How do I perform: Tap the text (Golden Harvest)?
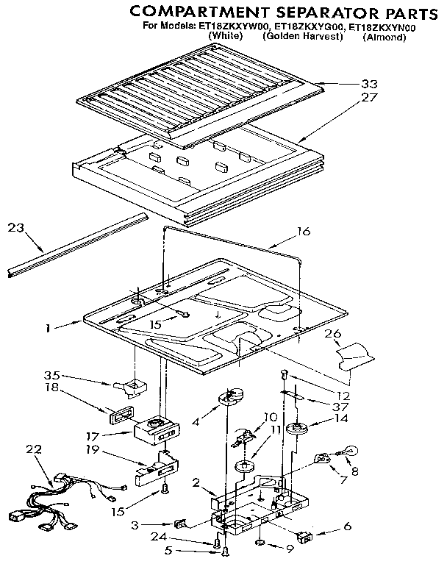tap(303, 36)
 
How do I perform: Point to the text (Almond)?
tap(383, 37)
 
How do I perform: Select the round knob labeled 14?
tap(299, 429)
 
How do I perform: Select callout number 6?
tap(346, 527)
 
